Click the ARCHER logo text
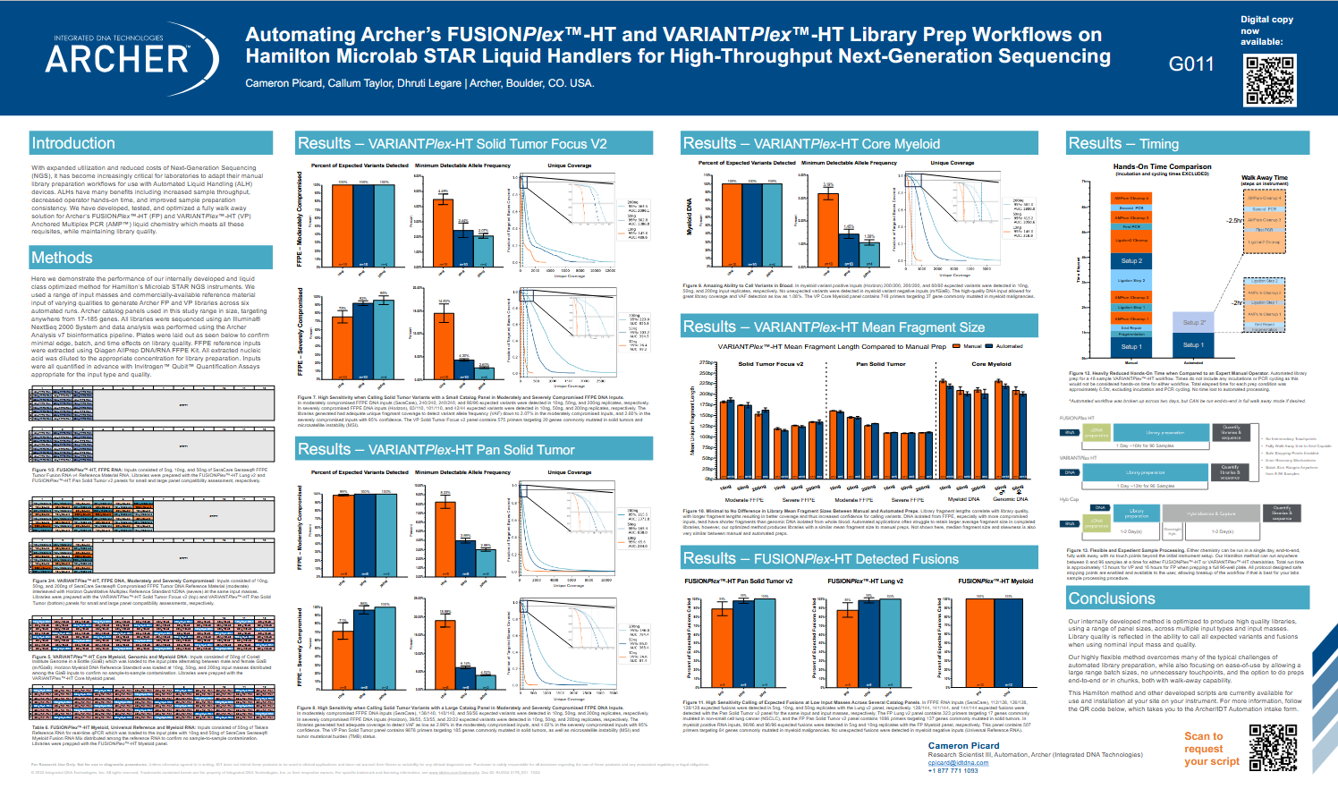pyautogui.click(x=117, y=59)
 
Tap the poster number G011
pyautogui.click(x=1191, y=64)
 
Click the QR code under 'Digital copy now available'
pyautogui.click(x=1270, y=81)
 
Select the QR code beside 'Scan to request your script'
pyautogui.click(x=1273, y=748)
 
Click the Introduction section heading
pyautogui.click(x=73, y=143)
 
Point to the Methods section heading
pyautogui.click(x=62, y=258)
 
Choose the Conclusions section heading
pyautogui.click(x=1112, y=598)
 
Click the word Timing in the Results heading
pyautogui.click(x=1159, y=144)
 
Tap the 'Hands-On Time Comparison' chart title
pyautogui.click(x=1162, y=166)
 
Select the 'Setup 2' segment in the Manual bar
pyautogui.click(x=1131, y=261)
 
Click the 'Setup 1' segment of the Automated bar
pyautogui.click(x=1193, y=344)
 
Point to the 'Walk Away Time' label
pyautogui.click(x=1264, y=177)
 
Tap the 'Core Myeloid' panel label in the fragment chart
pyautogui.click(x=991, y=364)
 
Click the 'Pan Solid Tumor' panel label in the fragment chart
pyautogui.click(x=880, y=364)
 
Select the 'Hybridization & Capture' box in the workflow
pyautogui.click(x=1211, y=514)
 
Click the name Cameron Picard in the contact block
pyautogui.click(x=963, y=745)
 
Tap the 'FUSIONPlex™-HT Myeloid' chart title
pyautogui.click(x=995, y=581)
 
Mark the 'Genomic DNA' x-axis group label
pyautogui.click(x=1010, y=499)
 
